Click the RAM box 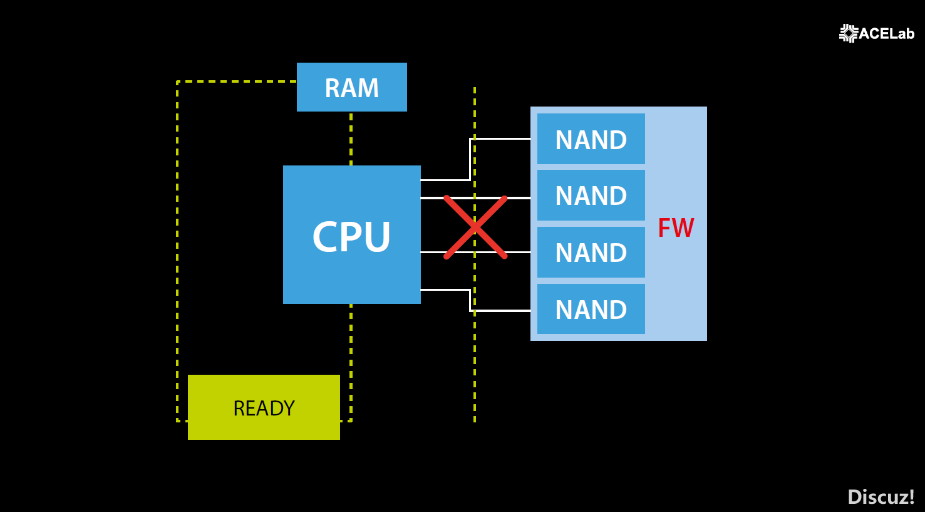[352, 87]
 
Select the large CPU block [352, 235]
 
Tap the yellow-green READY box [264, 407]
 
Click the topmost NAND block [591, 139]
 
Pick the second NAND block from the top [591, 195]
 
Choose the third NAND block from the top [591, 252]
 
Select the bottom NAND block [591, 309]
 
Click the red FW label [676, 227]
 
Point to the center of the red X [475, 227]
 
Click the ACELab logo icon [849, 33]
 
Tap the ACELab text [887, 34]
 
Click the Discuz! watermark [881, 497]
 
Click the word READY [264, 408]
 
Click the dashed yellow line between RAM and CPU [351, 138]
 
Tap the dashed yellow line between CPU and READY [351, 340]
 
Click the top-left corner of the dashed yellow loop [178, 82]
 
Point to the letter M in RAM [368, 88]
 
